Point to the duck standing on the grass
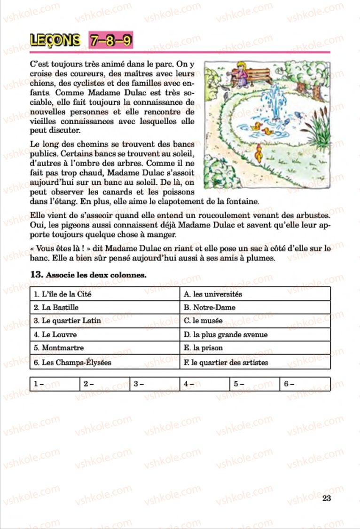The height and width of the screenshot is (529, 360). (258, 152)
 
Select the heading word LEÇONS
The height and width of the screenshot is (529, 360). (55, 41)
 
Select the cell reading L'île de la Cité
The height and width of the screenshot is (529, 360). (105, 294)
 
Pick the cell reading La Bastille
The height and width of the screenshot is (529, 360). (105, 308)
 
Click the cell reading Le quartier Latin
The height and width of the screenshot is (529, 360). (105, 321)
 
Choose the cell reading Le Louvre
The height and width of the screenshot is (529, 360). (105, 335)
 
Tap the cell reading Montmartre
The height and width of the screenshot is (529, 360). (105, 348)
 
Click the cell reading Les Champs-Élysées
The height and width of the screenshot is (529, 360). (105, 363)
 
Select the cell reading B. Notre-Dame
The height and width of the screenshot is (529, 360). (255, 308)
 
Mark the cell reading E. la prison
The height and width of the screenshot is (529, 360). (255, 348)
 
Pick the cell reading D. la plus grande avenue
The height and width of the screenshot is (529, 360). (255, 335)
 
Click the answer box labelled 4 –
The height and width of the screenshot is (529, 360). (204, 384)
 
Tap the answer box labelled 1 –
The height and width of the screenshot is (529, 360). (54, 384)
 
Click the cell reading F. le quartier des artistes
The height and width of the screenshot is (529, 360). (255, 363)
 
